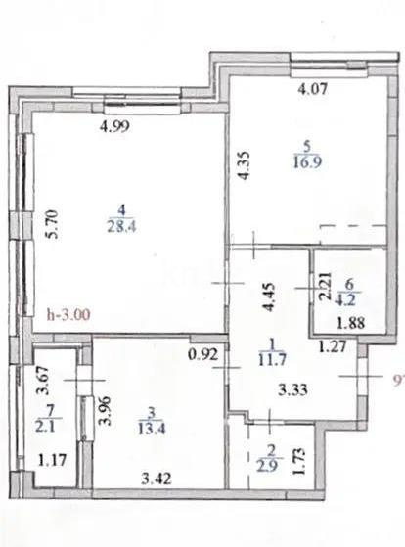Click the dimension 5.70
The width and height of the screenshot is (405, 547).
(55, 227)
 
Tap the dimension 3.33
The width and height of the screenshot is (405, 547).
(297, 390)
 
